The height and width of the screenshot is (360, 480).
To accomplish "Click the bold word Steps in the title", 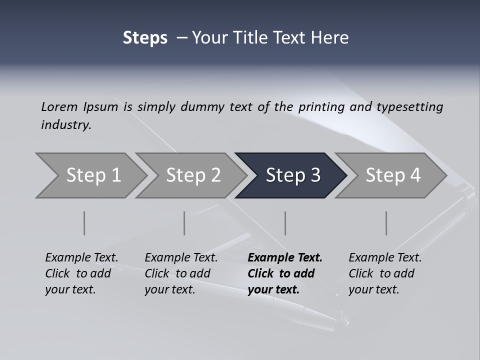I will (145, 38).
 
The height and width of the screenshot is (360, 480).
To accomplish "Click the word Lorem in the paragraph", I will (59, 106).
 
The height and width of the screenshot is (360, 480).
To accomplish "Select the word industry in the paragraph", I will (65, 125).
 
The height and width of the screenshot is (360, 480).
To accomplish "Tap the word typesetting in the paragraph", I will (409, 106).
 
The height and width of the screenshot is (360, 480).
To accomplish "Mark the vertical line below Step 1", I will (84, 223).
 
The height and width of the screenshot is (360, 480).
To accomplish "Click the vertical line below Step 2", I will (184, 223).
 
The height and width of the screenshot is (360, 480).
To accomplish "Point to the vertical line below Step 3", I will (285, 223).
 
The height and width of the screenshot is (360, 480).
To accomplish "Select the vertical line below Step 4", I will (386, 223).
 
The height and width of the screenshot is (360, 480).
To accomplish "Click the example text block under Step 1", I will (81, 273).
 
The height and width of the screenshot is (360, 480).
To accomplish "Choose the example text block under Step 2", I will (181, 273).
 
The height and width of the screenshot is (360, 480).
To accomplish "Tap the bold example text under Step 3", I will (285, 273).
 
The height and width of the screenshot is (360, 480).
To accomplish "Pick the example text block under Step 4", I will (385, 273).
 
